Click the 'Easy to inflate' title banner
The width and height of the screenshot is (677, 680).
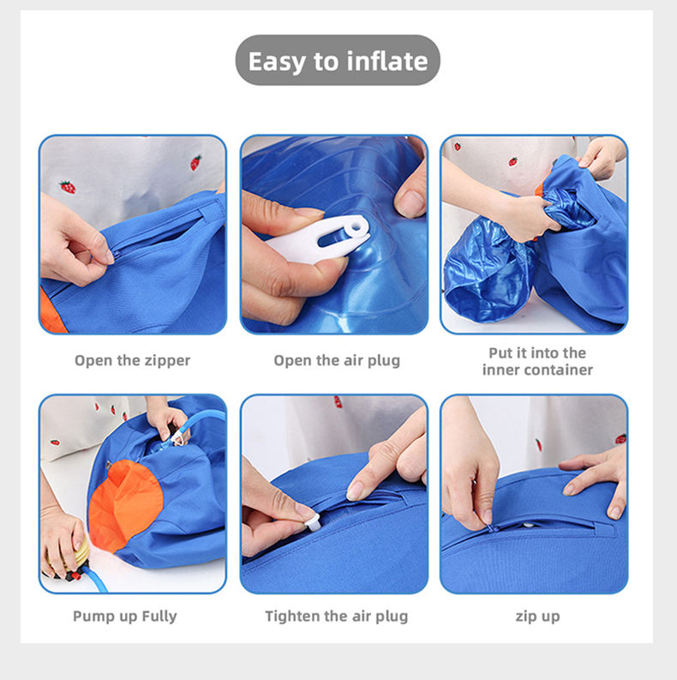pos(338,60)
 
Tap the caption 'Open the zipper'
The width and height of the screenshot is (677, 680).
pos(132,360)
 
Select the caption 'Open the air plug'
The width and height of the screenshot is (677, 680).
pos(337,360)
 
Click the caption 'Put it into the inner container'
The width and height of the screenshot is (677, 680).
pos(537,361)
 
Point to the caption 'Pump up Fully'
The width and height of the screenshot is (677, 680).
pos(125,617)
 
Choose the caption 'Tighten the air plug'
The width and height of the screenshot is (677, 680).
pos(336,617)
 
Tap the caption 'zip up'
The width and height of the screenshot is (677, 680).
pos(537,617)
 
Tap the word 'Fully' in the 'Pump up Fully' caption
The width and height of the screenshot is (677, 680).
pos(159,617)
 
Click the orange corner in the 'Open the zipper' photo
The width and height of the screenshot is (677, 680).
pos(51,312)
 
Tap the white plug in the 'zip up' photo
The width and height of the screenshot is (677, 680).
pos(528,525)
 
